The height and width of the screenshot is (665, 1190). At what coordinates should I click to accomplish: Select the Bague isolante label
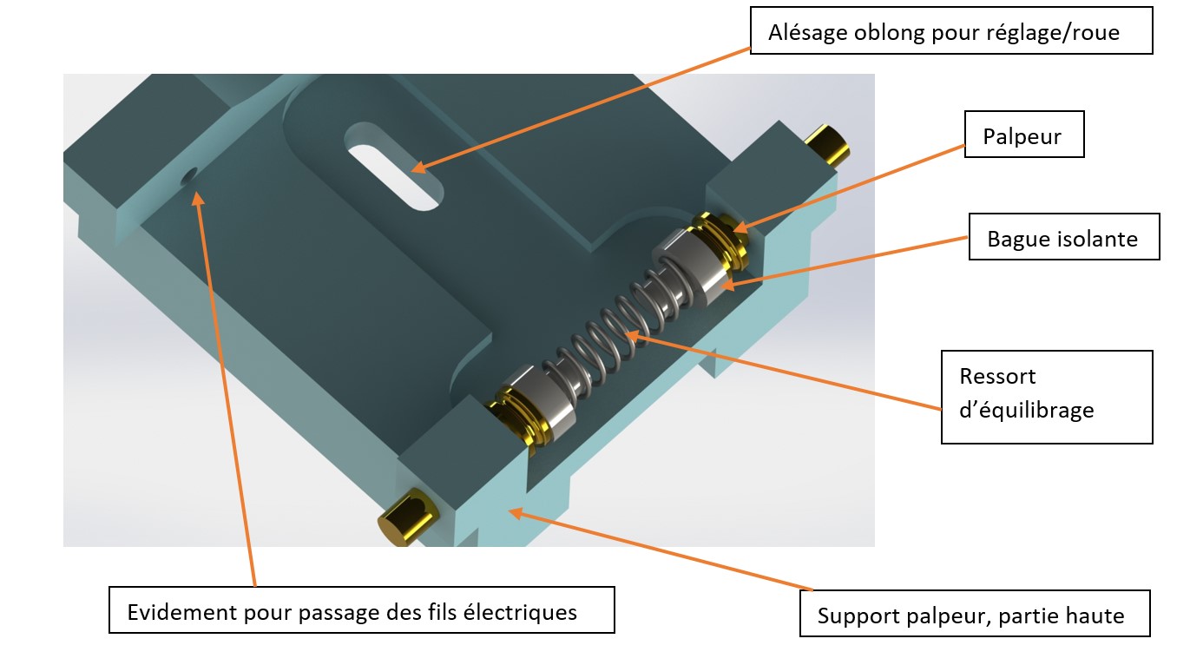tap(1063, 237)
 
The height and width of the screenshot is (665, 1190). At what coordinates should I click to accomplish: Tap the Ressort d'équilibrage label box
tap(1046, 396)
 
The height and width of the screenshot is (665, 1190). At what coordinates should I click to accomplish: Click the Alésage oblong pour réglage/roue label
tap(950, 34)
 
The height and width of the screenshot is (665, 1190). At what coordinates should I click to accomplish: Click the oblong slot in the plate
tap(395, 166)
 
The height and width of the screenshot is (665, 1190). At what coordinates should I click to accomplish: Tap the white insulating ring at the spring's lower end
tap(542, 403)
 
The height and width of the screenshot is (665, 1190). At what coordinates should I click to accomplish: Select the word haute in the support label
tap(1096, 616)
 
